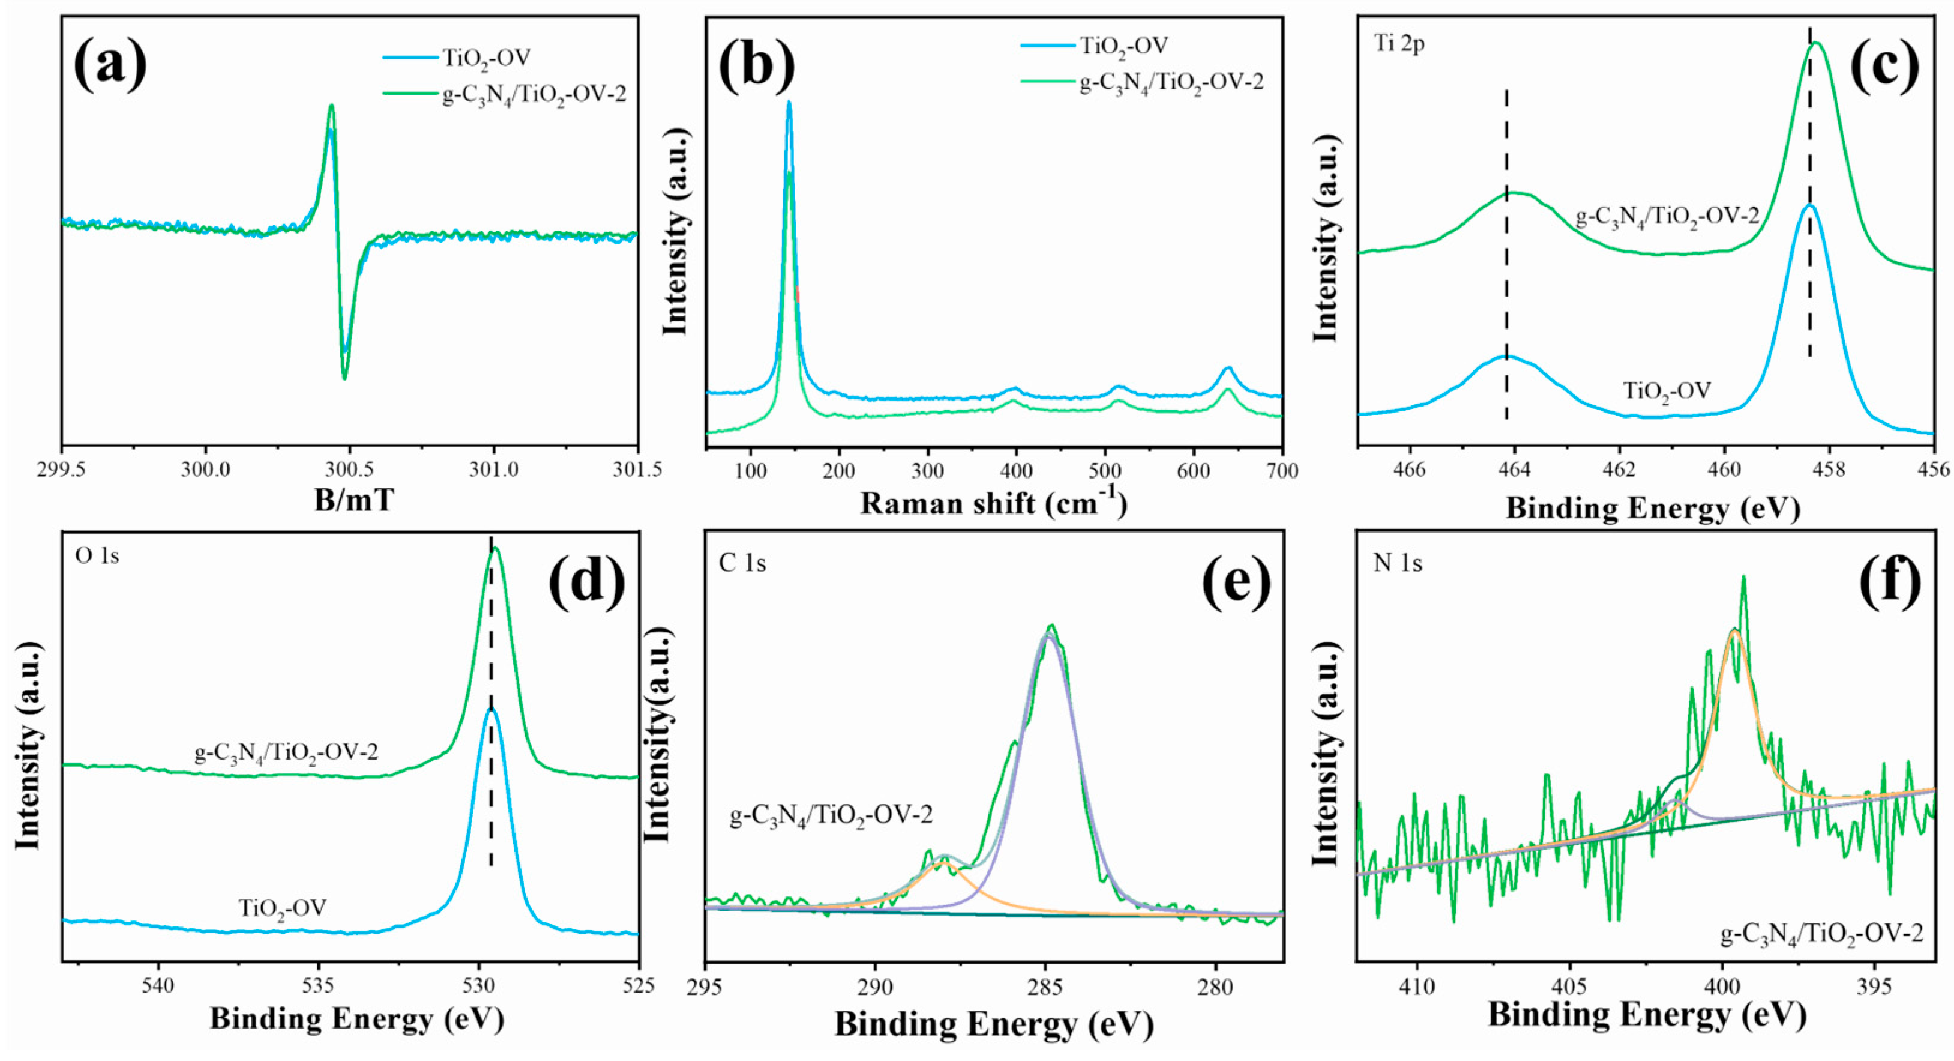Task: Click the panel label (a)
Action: click(x=110, y=63)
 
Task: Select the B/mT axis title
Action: click(x=354, y=501)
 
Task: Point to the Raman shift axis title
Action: click(x=994, y=503)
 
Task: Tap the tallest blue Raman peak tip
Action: click(x=789, y=103)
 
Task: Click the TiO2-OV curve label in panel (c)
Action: click(x=1667, y=391)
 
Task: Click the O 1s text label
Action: click(x=97, y=555)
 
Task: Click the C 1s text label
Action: click(x=742, y=563)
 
